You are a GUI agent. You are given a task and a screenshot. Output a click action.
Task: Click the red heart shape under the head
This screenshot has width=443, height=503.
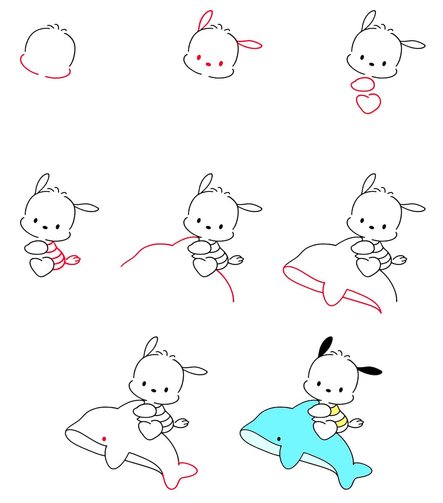pyautogui.click(x=369, y=103)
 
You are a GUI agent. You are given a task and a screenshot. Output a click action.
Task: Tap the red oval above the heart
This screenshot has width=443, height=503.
pyautogui.click(x=363, y=85)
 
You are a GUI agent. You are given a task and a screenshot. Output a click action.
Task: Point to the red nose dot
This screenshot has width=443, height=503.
pyautogui.click(x=208, y=64)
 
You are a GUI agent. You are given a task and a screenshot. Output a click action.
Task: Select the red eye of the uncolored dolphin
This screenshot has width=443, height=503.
pyautogui.click(x=104, y=439)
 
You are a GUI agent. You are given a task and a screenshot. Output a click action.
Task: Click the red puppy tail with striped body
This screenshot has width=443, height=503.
pyautogui.click(x=74, y=260)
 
